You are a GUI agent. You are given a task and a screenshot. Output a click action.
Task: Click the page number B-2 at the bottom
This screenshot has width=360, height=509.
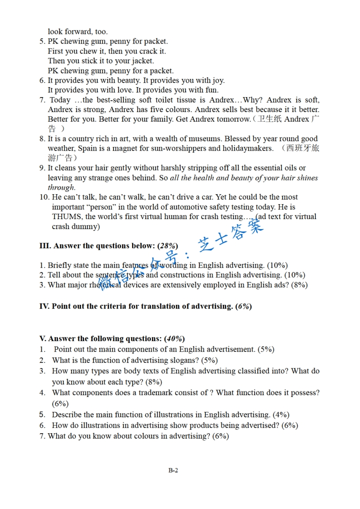(x=173, y=470)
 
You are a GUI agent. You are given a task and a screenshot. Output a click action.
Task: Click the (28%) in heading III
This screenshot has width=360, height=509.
(x=168, y=246)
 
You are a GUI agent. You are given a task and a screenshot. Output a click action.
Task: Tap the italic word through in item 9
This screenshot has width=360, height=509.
(x=61, y=188)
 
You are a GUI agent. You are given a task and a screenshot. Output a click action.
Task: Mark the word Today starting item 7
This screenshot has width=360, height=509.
(x=60, y=100)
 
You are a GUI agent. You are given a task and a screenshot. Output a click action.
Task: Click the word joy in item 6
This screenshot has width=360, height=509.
(x=217, y=81)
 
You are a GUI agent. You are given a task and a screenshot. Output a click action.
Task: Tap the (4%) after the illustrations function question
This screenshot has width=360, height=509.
(x=281, y=415)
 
